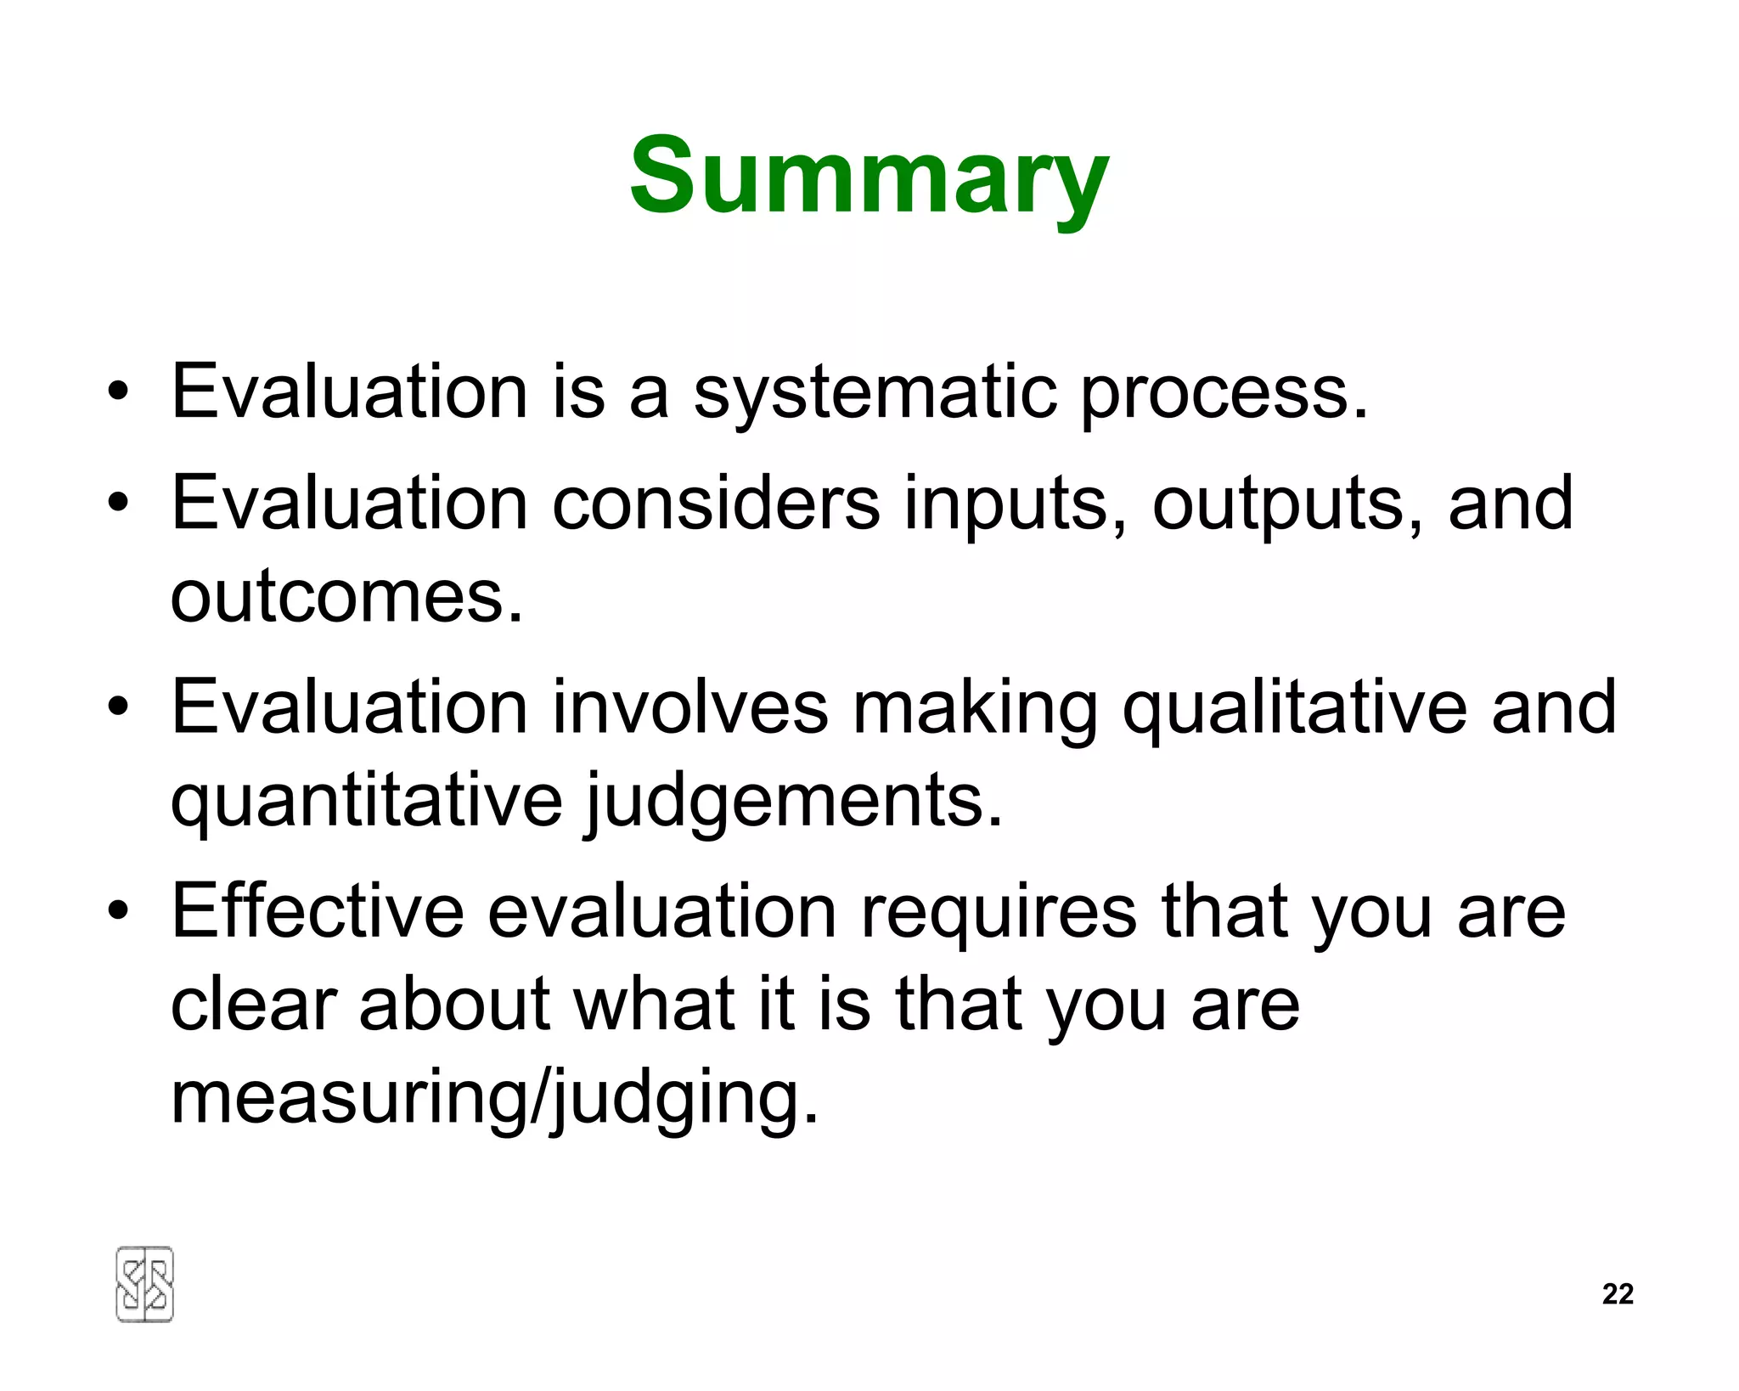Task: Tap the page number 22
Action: coord(1618,1293)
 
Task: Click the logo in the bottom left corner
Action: coord(144,1284)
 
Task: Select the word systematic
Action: coord(875,394)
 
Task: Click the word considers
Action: coord(716,503)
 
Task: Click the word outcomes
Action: coord(346,596)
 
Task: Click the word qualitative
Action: coord(1295,710)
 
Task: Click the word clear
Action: coord(254,1004)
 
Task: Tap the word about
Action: coord(454,1004)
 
